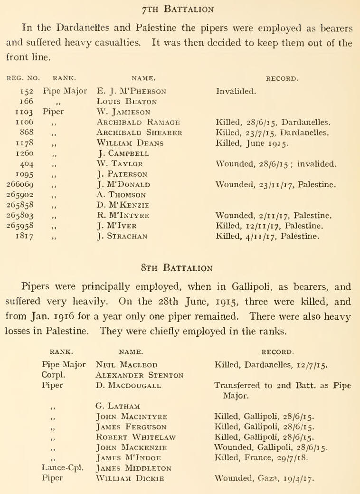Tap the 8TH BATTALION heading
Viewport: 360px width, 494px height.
coord(180,269)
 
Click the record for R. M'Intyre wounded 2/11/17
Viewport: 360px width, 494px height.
coord(273,216)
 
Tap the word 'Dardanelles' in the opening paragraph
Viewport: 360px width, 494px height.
coord(71,28)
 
